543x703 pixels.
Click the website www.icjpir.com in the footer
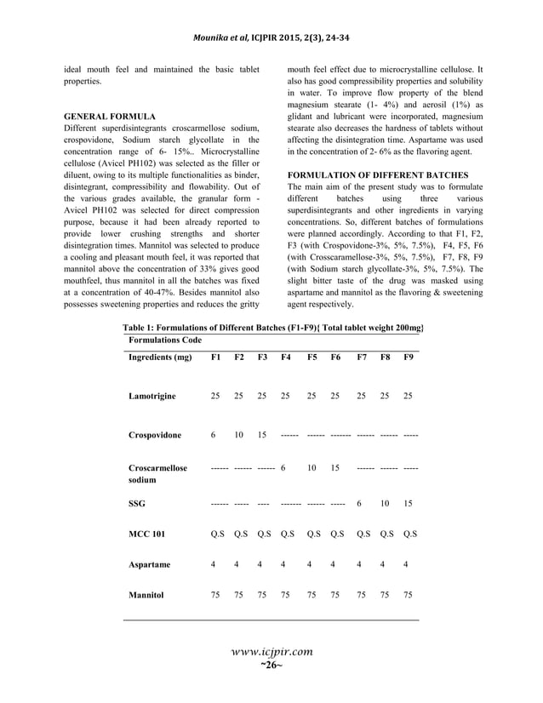coord(271,652)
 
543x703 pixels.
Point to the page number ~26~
coord(271,665)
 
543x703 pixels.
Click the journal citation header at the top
coord(271,16)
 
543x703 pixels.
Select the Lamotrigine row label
coord(153,396)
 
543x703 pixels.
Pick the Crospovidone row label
coord(155,435)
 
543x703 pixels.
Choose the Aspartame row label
coord(150,563)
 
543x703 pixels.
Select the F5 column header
coord(312,357)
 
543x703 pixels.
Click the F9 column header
coord(409,357)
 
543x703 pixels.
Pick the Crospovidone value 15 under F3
coord(262,435)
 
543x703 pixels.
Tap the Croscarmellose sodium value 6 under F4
coord(283,468)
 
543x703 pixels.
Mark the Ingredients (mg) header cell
coord(159,357)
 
